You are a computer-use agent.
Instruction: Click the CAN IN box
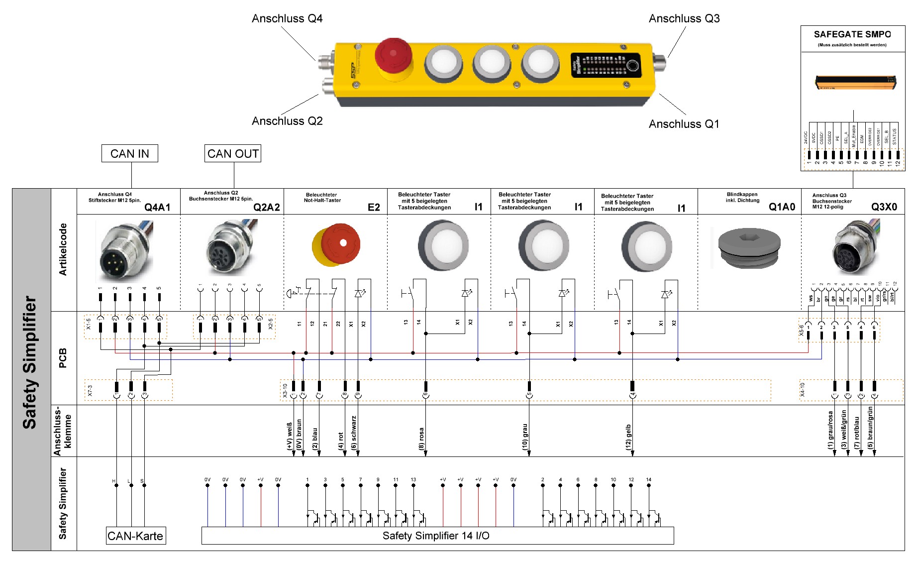point(129,153)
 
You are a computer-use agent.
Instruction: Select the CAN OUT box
point(233,153)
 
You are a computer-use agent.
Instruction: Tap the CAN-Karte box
point(135,536)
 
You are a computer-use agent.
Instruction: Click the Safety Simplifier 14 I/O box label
point(436,536)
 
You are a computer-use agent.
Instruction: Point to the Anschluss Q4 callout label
point(287,18)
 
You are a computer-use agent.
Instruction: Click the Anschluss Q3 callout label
point(684,18)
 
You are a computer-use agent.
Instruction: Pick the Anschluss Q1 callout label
point(684,124)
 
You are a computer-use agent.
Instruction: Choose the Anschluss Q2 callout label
point(287,121)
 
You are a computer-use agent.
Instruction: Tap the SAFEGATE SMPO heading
point(852,34)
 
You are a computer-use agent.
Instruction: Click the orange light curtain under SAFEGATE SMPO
point(855,82)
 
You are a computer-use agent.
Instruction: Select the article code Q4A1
point(157,207)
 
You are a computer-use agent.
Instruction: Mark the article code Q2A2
point(267,207)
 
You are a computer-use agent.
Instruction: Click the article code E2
point(374,207)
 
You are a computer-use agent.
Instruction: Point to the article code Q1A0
point(782,207)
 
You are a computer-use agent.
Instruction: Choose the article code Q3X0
point(884,207)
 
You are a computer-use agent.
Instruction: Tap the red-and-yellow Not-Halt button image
point(336,244)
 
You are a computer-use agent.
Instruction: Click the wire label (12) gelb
point(628,437)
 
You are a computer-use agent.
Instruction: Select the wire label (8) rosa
point(421,439)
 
